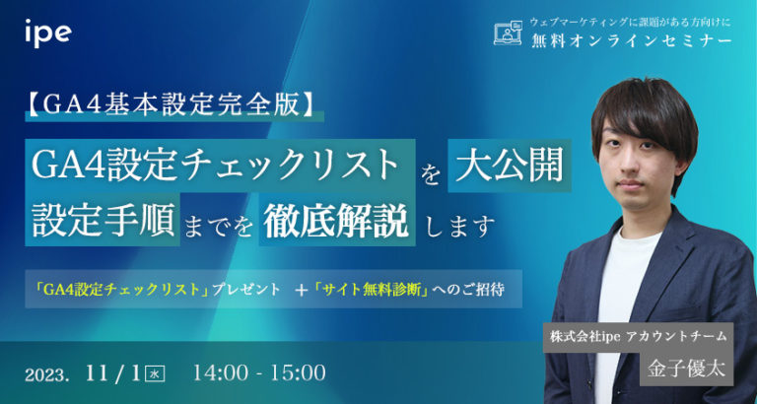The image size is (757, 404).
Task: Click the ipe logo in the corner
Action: point(47,32)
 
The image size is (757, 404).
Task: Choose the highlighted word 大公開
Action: point(510,166)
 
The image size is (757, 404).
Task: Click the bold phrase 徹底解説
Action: point(335,221)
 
